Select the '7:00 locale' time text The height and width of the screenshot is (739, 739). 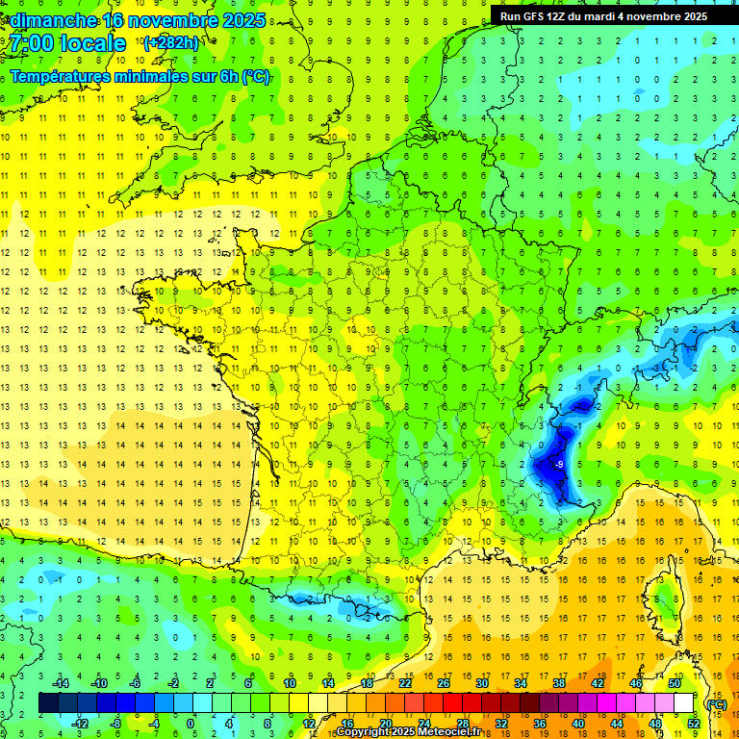tap(67, 43)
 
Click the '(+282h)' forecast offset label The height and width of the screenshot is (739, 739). tap(171, 42)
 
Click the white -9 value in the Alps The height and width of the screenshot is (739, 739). tap(559, 465)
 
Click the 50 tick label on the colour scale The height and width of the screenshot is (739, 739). tap(674, 683)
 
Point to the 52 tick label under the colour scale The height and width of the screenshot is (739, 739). tap(694, 724)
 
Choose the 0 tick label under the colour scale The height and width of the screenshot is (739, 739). tap(191, 724)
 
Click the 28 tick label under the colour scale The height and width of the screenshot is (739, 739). tap(462, 724)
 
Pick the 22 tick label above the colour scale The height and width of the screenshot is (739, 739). tap(405, 683)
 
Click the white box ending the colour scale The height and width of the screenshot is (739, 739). tap(684, 703)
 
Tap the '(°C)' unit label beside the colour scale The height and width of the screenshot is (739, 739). tap(716, 703)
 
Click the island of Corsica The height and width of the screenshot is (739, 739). tap(664, 597)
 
